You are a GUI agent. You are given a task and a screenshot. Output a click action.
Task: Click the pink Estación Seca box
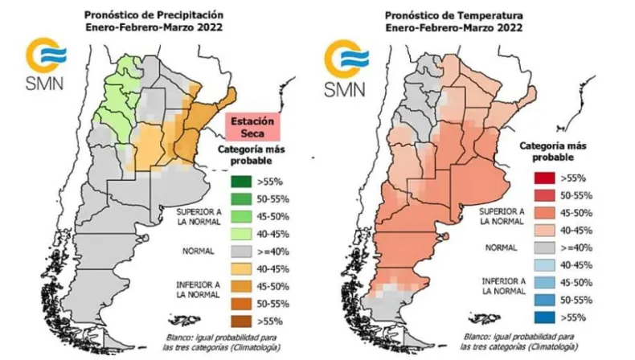point(249,127)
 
